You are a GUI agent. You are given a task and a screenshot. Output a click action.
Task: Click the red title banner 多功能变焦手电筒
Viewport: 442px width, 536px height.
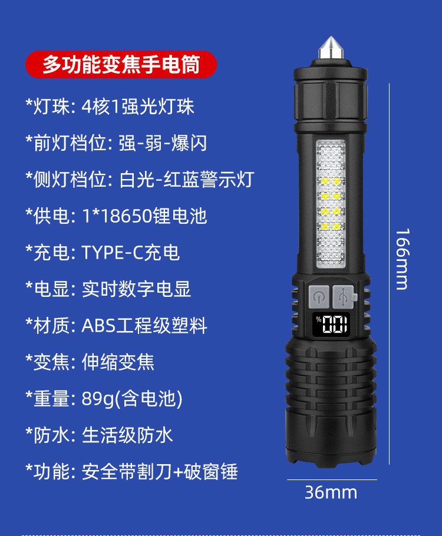[x=121, y=65]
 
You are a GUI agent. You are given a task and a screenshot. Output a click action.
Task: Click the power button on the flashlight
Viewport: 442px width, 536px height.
[x=319, y=296]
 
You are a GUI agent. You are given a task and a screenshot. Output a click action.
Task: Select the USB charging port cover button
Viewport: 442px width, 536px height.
[x=345, y=296]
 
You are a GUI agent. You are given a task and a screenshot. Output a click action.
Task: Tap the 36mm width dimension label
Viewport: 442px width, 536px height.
[x=331, y=492]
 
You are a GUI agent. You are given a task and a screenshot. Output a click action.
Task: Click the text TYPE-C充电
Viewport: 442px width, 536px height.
[x=130, y=253]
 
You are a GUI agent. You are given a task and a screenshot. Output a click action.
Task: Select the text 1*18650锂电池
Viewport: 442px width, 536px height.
[x=144, y=216]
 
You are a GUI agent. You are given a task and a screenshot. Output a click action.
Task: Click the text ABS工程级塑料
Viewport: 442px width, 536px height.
[x=144, y=326]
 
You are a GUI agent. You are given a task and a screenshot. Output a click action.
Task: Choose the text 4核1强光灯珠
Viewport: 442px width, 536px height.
[x=138, y=107]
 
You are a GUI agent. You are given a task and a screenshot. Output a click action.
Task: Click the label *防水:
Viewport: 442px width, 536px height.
[x=50, y=435]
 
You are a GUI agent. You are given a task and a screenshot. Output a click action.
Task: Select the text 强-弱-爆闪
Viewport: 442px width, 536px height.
[x=159, y=143]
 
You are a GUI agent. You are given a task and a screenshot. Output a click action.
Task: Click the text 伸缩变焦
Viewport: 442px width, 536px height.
[x=118, y=362]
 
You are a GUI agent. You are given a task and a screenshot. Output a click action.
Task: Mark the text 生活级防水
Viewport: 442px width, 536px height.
[x=127, y=435]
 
